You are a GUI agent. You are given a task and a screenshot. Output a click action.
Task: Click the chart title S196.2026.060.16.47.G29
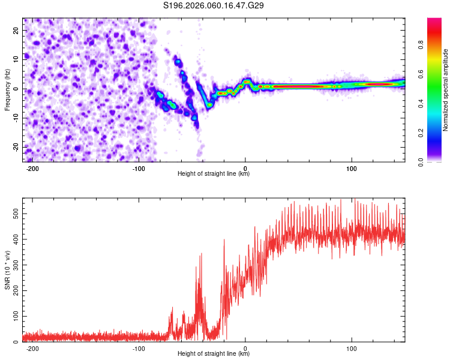(214, 6)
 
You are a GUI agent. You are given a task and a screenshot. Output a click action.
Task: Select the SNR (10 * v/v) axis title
(7, 271)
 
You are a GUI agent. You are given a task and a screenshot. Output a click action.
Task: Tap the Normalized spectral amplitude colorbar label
(446, 90)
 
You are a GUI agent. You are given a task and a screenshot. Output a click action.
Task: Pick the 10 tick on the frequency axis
(16, 59)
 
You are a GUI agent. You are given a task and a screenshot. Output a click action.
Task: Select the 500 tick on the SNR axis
(13, 213)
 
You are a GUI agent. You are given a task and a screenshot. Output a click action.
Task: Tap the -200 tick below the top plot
(34, 169)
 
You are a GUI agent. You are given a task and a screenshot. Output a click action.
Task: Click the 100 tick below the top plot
(351, 169)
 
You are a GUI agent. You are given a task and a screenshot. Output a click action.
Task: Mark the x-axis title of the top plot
(214, 174)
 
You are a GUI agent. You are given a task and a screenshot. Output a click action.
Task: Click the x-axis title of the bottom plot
(214, 354)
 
